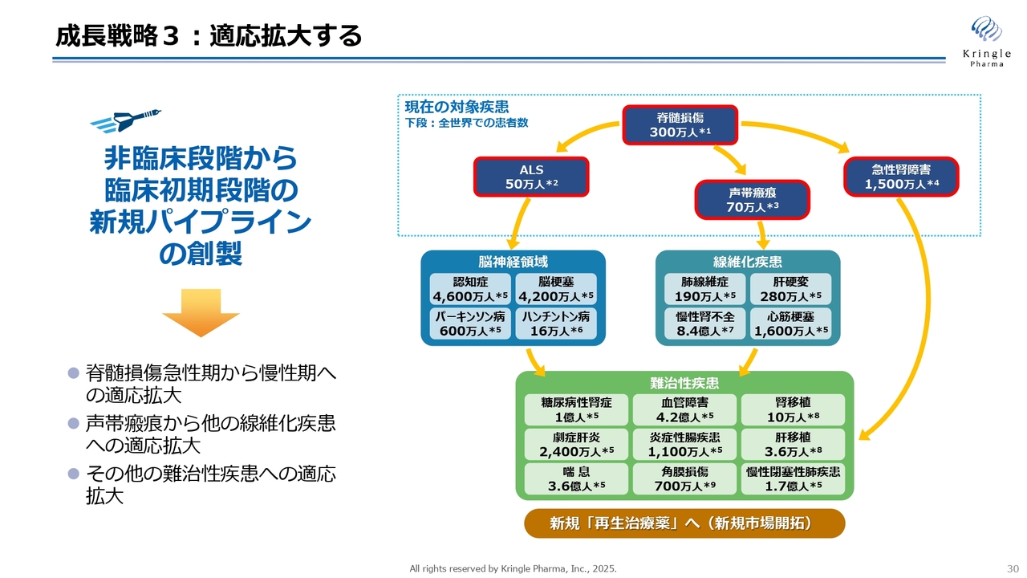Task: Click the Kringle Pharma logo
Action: click(987, 41)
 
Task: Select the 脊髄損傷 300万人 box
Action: click(680, 124)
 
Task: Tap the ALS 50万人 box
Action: click(531, 177)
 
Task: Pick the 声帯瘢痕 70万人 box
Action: click(753, 200)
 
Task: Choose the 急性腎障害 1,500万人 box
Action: click(901, 177)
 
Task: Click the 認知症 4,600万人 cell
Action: click(470, 289)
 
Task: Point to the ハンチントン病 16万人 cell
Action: click(556, 324)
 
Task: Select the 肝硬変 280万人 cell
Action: click(791, 289)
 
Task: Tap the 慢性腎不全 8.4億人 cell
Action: click(705, 324)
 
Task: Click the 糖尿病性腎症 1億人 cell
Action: click(576, 409)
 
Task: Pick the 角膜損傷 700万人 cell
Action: click(685, 478)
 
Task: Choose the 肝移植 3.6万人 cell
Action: click(794, 444)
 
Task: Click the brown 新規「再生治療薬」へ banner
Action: click(684, 523)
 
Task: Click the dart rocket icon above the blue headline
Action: click(125, 120)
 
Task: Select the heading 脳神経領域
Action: click(513, 262)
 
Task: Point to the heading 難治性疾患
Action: click(684, 383)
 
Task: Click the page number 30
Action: click(1013, 569)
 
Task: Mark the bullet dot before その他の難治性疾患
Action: click(74, 474)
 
